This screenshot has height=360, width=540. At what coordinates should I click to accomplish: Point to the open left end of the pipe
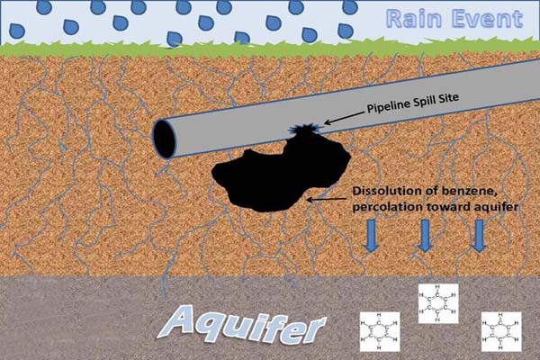click(166, 139)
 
